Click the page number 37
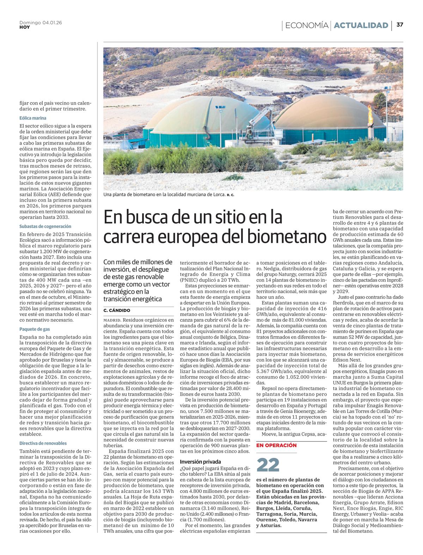[400, 25]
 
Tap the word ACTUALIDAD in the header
[361, 25]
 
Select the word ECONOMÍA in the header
[306, 25]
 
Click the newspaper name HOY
[25, 27]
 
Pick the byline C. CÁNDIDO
[117, 310]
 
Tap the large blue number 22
[268, 465]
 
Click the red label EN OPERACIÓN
[276, 445]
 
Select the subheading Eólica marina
[33, 118]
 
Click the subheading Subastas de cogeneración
[45, 226]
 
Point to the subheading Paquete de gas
[35, 329]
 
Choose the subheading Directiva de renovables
[43, 443]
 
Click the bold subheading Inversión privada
[200, 462]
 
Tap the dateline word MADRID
[112, 320]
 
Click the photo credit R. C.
[231, 195]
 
